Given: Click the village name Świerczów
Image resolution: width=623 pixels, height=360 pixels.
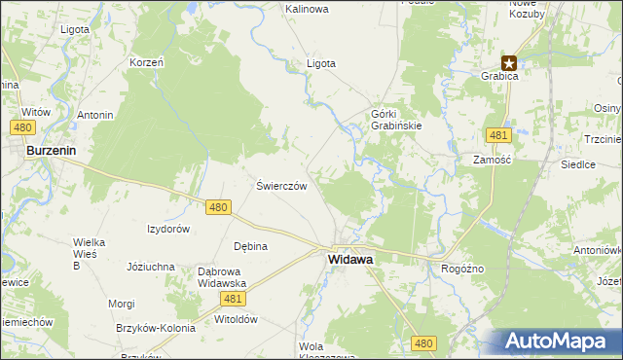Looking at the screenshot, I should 282,186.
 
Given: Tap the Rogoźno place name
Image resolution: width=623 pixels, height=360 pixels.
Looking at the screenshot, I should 463,269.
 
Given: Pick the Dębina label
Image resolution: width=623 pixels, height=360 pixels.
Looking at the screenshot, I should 250,246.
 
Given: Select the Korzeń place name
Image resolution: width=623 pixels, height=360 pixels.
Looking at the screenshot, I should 146,62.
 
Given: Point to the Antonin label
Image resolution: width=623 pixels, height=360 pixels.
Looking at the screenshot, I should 95,115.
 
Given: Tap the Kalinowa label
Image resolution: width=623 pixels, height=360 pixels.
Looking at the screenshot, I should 307,9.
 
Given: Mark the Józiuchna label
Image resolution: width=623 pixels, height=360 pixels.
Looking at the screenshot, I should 151,266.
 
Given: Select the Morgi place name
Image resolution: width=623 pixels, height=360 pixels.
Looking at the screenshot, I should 122,304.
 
